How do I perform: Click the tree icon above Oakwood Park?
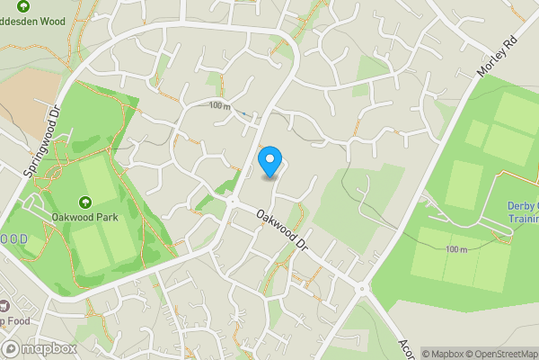tap(84, 201)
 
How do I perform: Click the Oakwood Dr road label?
tap(282, 230)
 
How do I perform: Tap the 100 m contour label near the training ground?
tap(456, 249)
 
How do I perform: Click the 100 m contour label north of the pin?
tap(219, 105)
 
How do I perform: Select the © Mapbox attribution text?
tap(444, 354)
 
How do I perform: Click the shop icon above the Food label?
tap(3, 308)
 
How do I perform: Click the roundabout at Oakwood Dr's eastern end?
tap(362, 290)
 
